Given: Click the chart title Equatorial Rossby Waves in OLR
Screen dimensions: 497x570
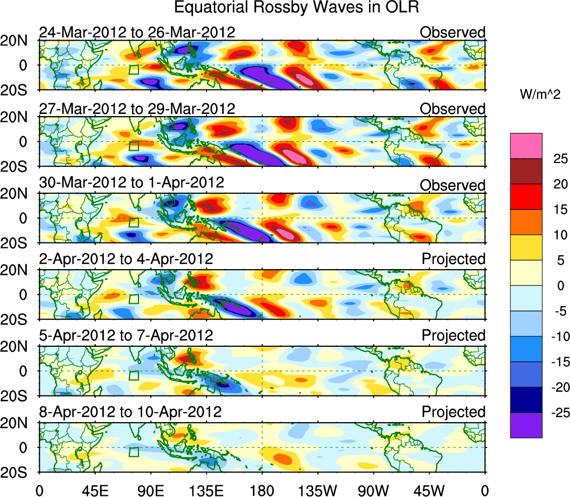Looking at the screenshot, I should coord(296,8).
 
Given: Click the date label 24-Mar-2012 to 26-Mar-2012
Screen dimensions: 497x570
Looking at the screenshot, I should coord(137,32).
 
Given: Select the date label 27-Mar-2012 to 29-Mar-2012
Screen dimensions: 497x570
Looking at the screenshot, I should coord(137,108).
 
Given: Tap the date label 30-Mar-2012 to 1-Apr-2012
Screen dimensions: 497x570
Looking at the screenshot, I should coord(131,183).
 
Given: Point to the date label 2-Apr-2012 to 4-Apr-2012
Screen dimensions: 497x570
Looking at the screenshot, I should coord(126,259).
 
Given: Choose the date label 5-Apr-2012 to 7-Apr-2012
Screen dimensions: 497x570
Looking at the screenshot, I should coord(126,335).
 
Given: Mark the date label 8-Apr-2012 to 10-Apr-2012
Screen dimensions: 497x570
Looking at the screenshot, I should coord(130,412).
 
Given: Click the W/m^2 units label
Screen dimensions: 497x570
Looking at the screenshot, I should coord(539,95).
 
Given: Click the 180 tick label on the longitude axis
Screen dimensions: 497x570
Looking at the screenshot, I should coord(262,490).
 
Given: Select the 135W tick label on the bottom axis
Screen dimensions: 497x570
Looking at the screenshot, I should coord(318,490).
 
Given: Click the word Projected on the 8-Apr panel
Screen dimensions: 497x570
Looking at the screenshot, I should coord(453,412).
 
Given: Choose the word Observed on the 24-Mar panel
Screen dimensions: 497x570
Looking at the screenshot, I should coord(453,32).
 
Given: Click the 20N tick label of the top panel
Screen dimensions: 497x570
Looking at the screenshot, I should coord(18,41).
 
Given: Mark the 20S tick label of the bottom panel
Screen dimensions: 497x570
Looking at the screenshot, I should coord(18,472).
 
